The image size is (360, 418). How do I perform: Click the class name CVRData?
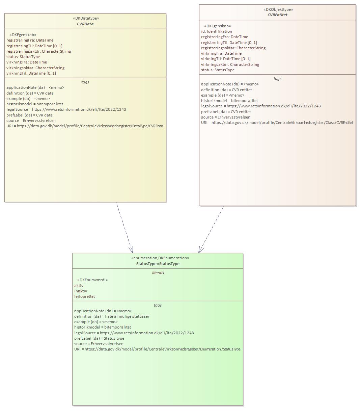click(x=85, y=24)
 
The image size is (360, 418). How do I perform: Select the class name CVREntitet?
click(x=277, y=15)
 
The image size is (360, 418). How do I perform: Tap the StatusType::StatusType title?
click(x=158, y=264)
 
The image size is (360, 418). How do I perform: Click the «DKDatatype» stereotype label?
click(x=86, y=18)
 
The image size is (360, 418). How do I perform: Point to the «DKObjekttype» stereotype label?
click(x=278, y=9)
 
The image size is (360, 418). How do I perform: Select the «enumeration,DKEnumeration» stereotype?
click(x=160, y=258)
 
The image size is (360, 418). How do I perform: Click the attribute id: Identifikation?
click(x=217, y=31)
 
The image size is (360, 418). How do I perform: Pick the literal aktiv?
click(x=79, y=286)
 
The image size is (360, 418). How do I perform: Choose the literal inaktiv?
click(x=81, y=291)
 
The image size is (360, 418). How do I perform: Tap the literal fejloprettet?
click(x=84, y=296)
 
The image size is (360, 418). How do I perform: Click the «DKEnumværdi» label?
click(x=92, y=280)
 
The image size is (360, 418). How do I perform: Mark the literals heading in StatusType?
click(x=158, y=273)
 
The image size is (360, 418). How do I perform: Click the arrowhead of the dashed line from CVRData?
click(x=132, y=250)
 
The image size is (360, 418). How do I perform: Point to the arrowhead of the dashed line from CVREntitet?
click(x=200, y=250)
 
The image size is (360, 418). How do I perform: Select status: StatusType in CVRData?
click(x=23, y=57)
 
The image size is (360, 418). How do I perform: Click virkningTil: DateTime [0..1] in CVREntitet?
click(x=226, y=59)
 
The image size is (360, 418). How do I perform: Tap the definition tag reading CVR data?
click(x=30, y=93)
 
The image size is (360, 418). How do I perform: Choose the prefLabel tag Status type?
click(x=99, y=338)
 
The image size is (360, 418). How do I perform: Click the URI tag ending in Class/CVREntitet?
click(x=277, y=123)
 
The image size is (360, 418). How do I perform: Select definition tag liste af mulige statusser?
click(x=112, y=316)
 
